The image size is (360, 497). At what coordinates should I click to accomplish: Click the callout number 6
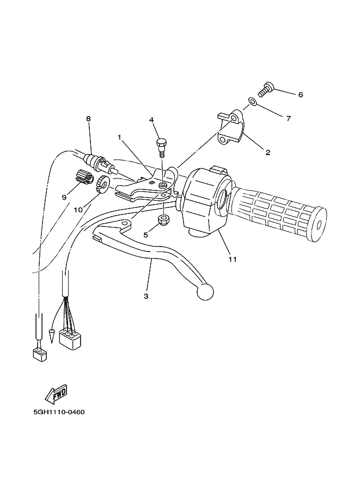point(300,94)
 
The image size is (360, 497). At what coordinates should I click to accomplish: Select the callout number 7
point(288,118)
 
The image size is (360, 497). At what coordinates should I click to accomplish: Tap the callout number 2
point(267,153)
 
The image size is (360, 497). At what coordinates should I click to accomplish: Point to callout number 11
point(233,260)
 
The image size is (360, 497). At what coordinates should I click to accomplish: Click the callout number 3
point(146,296)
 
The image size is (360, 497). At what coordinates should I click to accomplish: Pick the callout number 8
point(88,119)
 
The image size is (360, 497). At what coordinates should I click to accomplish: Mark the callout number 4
point(151,120)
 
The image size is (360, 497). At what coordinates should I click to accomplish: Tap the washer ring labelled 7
point(252,101)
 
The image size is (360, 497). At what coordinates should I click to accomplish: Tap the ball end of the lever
point(205,291)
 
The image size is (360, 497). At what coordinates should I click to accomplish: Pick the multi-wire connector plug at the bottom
point(69,340)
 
